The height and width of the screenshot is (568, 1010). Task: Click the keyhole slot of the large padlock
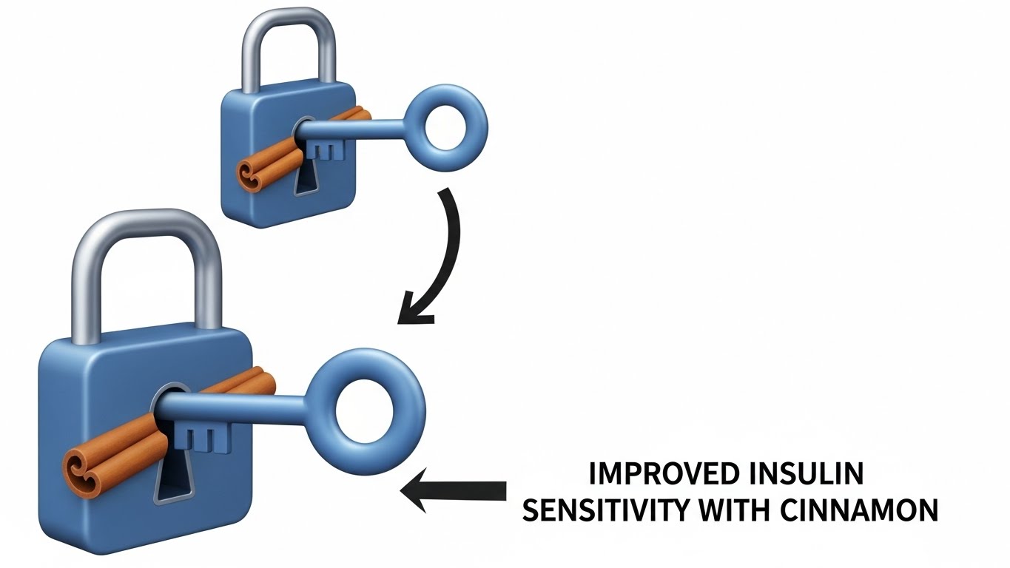point(170,481)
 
